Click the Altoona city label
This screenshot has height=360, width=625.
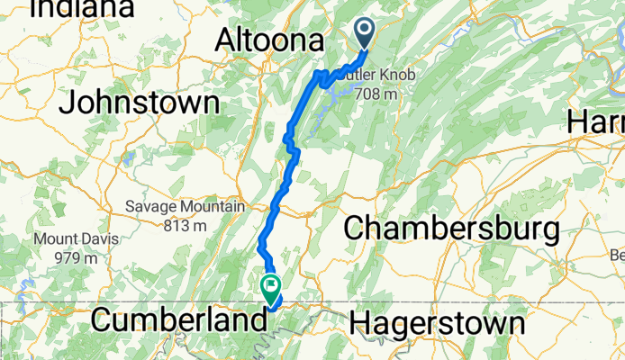point(269,40)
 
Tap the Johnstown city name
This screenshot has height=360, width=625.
point(140,102)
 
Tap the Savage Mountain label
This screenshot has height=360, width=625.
point(186,207)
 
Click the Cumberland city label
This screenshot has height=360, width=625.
point(179,320)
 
